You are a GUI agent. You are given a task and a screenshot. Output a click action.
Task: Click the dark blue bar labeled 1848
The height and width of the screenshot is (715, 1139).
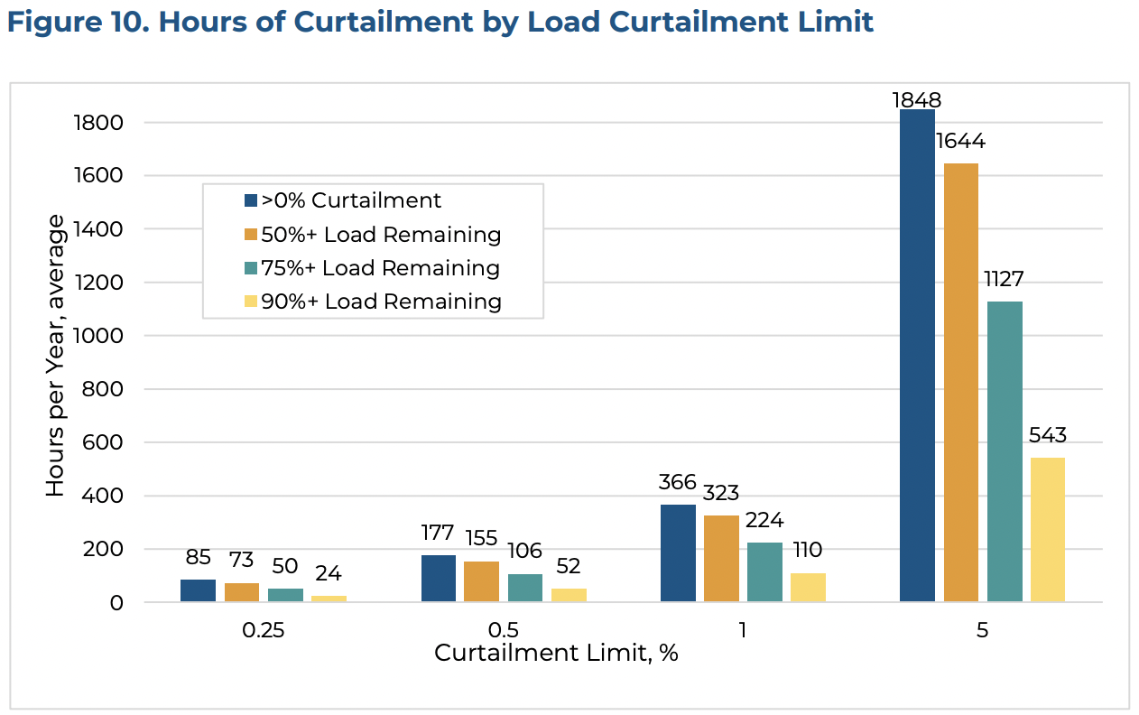[x=917, y=356]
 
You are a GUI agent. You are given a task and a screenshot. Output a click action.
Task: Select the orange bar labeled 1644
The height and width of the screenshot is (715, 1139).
[x=960, y=383]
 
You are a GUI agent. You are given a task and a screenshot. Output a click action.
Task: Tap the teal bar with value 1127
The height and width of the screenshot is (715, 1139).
[x=1005, y=451]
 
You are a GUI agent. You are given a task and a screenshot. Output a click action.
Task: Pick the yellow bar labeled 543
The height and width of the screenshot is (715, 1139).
[x=1047, y=530]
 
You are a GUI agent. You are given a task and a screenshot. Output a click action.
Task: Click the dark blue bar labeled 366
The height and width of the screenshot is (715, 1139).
[x=678, y=553]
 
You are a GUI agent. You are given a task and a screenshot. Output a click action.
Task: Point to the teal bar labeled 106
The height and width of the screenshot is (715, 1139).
[x=525, y=588]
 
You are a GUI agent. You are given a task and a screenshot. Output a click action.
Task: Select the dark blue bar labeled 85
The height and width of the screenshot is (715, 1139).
[x=198, y=591]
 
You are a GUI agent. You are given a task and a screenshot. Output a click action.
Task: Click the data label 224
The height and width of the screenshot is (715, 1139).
[x=764, y=521]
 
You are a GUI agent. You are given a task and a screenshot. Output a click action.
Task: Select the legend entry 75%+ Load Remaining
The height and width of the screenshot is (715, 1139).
[x=380, y=268]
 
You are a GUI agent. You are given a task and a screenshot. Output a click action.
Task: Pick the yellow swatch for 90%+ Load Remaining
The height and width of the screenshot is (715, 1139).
[x=251, y=302]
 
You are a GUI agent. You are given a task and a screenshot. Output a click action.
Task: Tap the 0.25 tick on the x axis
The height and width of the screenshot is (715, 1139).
[x=263, y=630]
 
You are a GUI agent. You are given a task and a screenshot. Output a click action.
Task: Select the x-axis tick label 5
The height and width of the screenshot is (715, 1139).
[x=982, y=630]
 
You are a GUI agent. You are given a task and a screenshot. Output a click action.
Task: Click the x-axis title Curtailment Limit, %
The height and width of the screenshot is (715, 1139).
[x=555, y=653]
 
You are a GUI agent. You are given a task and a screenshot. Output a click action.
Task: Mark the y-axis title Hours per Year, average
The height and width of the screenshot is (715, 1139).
[x=56, y=355]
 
